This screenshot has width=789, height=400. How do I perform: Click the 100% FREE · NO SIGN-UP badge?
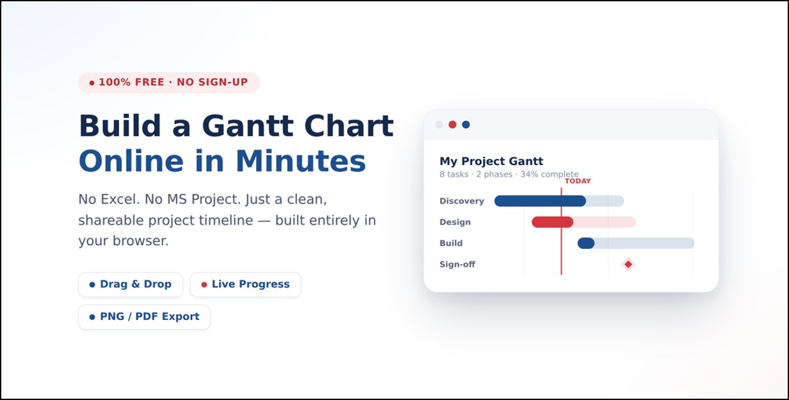[x=168, y=83]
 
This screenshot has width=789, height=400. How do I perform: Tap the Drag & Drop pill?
[x=131, y=284]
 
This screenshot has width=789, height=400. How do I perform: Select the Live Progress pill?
[x=245, y=284]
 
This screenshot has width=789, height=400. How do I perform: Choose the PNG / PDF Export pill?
[x=144, y=317]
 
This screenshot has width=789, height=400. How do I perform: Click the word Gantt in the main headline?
[x=248, y=125]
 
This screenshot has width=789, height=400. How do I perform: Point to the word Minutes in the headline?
[x=301, y=161]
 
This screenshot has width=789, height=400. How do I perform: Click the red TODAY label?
[x=578, y=181]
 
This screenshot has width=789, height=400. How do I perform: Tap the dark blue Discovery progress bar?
[x=540, y=201]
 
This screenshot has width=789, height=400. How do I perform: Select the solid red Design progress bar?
[x=552, y=222]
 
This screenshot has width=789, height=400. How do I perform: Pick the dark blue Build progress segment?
[x=586, y=243]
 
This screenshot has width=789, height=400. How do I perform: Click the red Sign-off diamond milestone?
[x=628, y=264]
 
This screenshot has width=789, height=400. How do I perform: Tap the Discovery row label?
[x=462, y=201]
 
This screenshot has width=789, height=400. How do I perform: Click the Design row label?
[x=455, y=222]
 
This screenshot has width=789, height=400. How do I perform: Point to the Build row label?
[x=451, y=243]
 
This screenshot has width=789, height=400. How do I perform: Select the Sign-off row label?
[x=457, y=264]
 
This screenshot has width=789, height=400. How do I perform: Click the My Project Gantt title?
[x=491, y=161]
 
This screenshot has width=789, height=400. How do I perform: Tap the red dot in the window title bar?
[x=453, y=124]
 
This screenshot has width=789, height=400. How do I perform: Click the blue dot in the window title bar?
[x=466, y=124]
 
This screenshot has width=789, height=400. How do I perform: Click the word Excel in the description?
[x=120, y=199]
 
